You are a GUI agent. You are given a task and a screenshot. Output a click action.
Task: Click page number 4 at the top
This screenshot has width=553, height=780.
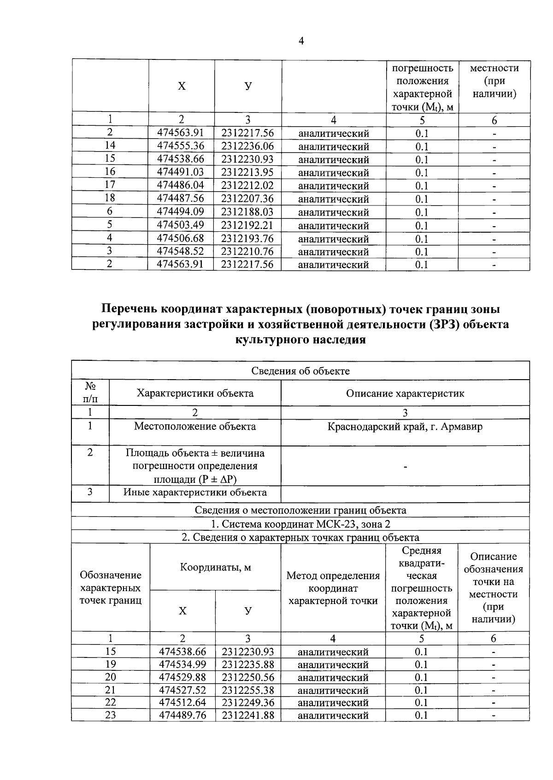click(301, 41)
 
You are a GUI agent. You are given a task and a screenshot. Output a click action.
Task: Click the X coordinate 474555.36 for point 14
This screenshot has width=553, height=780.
click(181, 146)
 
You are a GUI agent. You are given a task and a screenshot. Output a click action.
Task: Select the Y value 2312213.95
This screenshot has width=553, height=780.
click(247, 172)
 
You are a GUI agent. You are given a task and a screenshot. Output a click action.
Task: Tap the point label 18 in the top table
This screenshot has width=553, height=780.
click(110, 198)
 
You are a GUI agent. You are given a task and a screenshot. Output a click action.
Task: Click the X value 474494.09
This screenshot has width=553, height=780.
click(181, 212)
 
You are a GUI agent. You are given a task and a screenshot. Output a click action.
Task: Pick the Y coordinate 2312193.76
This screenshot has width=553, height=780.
click(247, 238)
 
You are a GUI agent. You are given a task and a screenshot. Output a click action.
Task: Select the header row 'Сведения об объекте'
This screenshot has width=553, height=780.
click(300, 371)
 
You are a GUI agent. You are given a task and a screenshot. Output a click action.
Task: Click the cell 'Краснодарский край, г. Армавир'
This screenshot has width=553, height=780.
click(405, 427)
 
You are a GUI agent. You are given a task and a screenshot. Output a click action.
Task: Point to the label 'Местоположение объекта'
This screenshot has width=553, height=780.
click(195, 427)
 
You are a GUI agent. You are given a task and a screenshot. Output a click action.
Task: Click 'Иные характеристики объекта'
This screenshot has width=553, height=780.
click(195, 493)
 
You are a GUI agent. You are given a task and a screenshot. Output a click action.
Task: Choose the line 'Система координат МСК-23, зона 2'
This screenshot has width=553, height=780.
click(300, 524)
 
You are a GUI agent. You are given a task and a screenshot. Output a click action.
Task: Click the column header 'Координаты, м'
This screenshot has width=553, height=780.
click(215, 567)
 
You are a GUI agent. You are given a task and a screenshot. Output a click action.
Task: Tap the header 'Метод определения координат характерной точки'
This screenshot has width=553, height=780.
click(333, 588)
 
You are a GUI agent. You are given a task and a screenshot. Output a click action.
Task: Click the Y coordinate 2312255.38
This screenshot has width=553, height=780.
click(248, 690)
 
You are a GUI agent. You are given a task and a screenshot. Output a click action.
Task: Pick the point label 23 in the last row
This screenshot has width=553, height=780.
click(111, 715)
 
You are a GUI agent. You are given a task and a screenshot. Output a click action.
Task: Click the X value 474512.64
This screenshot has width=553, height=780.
click(182, 703)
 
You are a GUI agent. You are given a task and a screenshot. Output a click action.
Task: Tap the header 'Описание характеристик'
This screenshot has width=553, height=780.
click(405, 393)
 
